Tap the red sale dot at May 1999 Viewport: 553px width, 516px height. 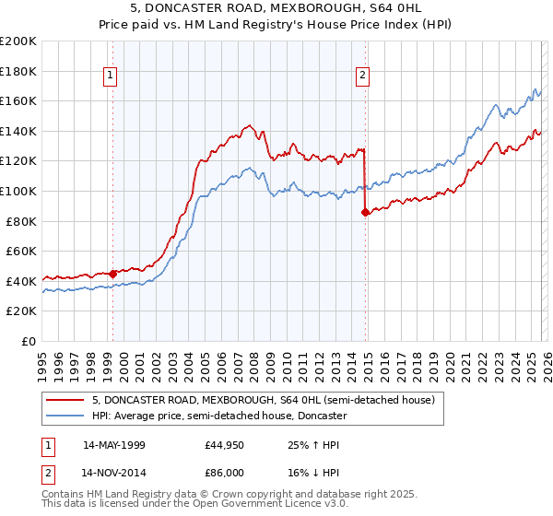pos(112,273)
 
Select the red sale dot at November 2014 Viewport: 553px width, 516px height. pos(365,212)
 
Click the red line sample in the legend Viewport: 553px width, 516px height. pos(65,401)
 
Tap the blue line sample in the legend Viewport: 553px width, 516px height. pos(65,416)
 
